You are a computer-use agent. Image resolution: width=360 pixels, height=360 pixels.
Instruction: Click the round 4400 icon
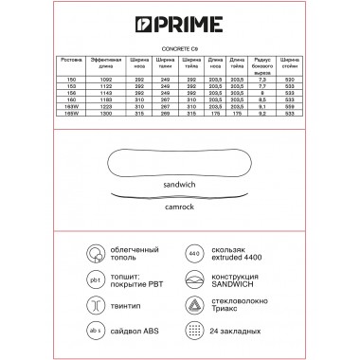pos(194,254)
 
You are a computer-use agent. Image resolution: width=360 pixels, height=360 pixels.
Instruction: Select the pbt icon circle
pos(96,280)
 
